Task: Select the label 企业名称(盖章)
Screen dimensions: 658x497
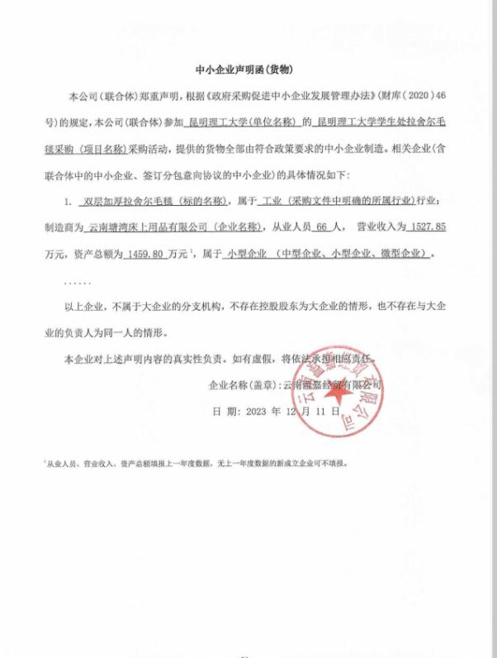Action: pyautogui.click(x=244, y=386)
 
